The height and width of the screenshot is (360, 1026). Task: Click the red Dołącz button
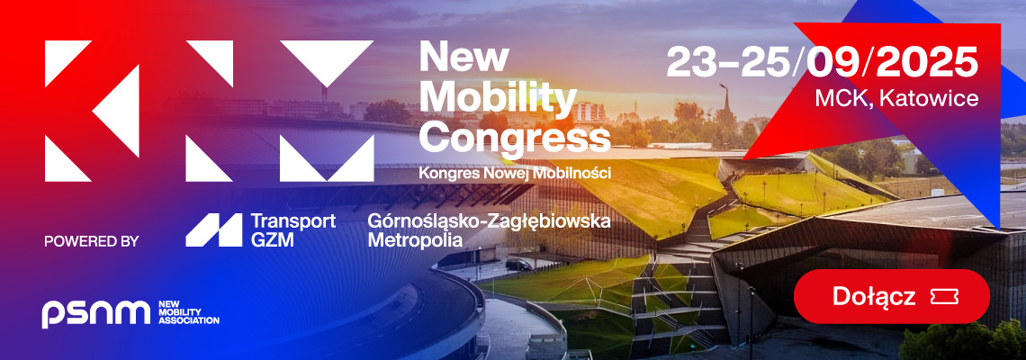coord(891,296)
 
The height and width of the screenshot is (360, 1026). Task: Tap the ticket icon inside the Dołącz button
coord(944,297)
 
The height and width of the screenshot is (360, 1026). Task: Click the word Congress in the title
coord(515,139)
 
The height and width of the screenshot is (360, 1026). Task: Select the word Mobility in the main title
coord(498,99)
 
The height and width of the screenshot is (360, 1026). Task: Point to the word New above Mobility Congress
coord(463,57)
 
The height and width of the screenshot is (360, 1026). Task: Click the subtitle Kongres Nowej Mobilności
coord(515,174)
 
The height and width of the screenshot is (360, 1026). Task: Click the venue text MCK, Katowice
coord(896,99)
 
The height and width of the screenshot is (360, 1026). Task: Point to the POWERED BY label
coord(92,241)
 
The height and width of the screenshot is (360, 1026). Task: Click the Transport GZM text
coord(293,230)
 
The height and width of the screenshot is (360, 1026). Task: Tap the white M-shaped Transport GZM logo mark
coord(213,230)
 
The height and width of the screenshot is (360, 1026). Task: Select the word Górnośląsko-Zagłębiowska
coord(489,222)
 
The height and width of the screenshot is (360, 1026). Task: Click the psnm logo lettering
coord(96,313)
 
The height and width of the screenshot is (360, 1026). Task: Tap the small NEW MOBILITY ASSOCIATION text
coord(189,313)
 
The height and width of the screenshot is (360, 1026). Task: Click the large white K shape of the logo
coord(92,111)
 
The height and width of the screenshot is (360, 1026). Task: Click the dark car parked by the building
coord(519,265)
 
